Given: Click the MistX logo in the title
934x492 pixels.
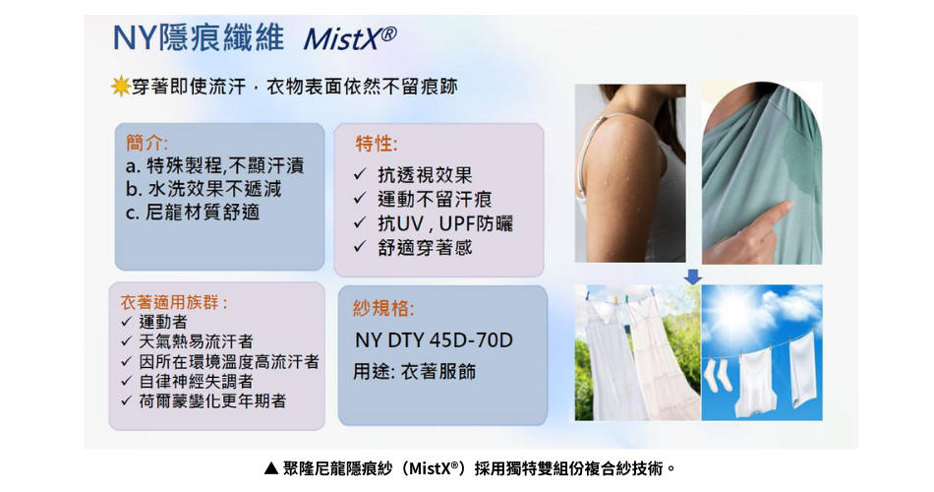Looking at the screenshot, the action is (350, 38).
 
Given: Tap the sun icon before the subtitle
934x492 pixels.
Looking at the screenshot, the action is (121, 87).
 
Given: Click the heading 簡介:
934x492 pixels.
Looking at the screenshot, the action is (147, 143).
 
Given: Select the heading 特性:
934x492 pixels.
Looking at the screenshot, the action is (377, 144).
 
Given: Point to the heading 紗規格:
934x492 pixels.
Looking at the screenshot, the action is (383, 308).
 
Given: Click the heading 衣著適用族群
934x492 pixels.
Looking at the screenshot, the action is (174, 302).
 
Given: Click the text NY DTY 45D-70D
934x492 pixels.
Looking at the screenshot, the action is (434, 340).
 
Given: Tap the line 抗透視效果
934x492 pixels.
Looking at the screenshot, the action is (425, 175).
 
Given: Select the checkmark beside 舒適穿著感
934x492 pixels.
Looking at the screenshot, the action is (359, 246).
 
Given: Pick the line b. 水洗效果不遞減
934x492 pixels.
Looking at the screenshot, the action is (204, 189).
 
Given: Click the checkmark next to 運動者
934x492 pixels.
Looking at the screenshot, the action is (126, 322).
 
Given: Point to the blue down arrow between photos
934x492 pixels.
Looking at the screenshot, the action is (693, 277).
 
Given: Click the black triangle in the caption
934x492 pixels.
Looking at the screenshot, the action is (271, 468).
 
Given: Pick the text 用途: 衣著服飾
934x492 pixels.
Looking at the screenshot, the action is (415, 372).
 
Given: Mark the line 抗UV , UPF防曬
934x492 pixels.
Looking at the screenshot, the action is (445, 223).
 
